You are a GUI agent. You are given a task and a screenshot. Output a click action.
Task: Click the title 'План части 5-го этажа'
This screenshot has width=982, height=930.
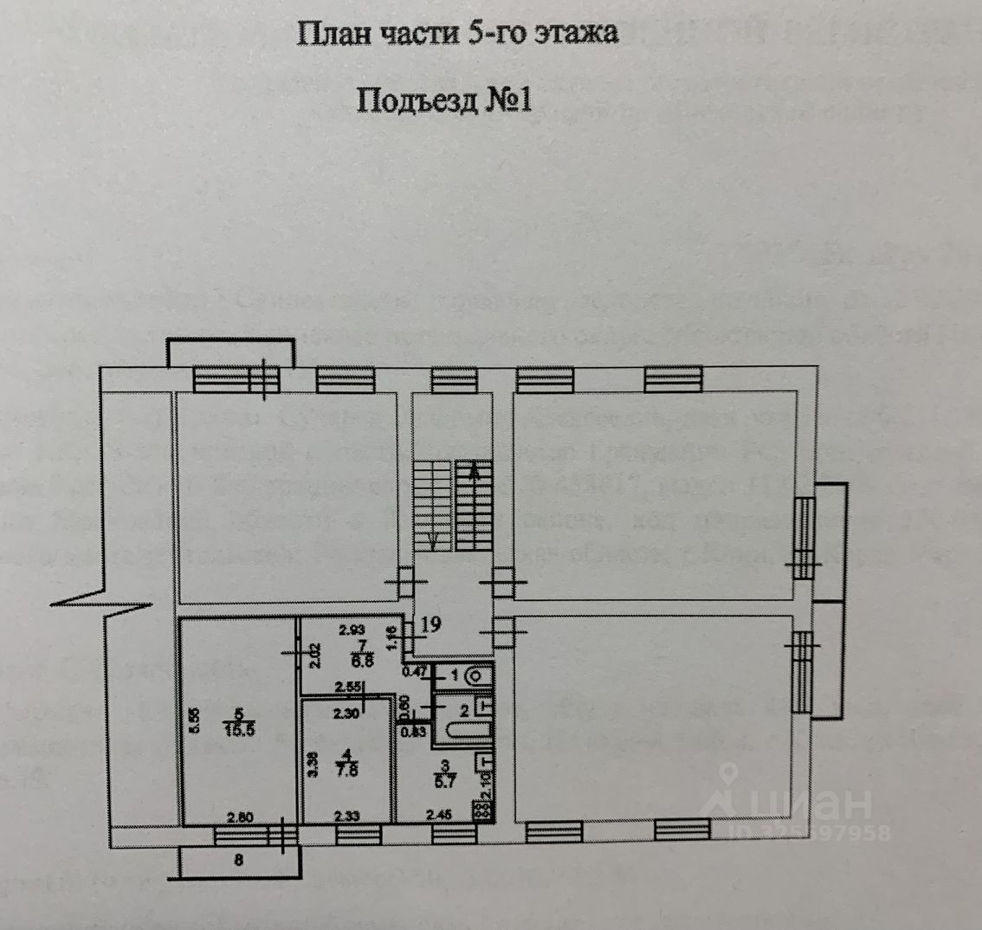(457, 34)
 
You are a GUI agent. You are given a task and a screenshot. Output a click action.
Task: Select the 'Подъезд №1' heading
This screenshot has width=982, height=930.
(444, 101)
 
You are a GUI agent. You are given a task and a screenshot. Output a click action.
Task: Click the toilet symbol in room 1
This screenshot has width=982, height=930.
(475, 675)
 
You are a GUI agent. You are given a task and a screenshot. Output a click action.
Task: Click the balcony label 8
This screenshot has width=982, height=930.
(240, 860)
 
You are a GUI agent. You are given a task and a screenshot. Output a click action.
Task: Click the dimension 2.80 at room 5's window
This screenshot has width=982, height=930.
(239, 816)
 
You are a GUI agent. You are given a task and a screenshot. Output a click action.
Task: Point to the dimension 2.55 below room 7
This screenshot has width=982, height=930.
(351, 688)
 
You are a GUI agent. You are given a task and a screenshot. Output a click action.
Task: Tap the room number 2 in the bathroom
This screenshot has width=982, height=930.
(464, 711)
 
